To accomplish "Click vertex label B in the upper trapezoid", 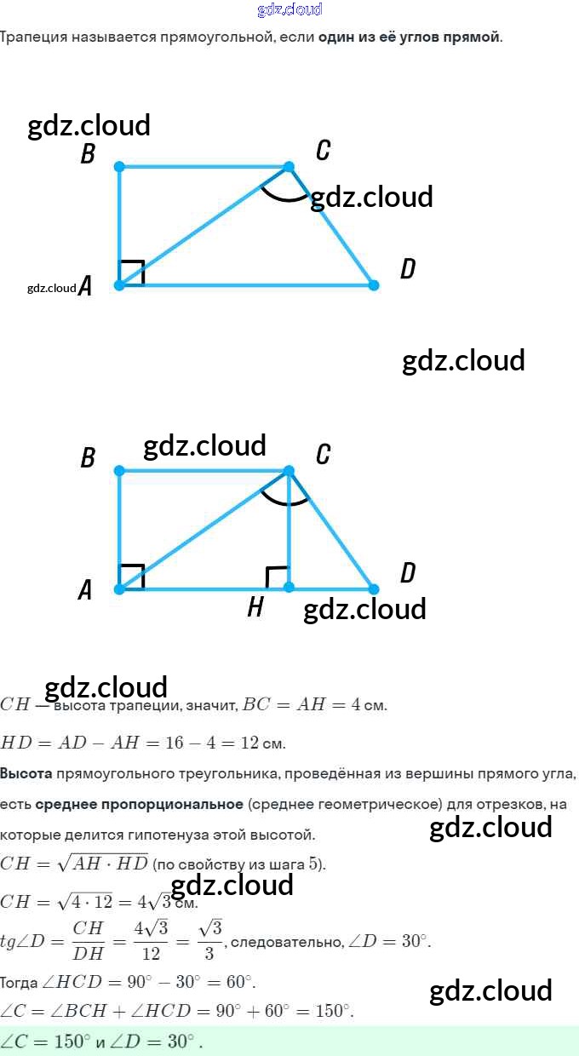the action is coord(87,155).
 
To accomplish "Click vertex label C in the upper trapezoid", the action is coord(323,151).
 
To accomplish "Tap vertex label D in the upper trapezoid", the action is coord(408,269).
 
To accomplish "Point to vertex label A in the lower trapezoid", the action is coord(85,589).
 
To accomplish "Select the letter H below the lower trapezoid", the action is coord(255,607).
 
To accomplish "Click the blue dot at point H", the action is coord(289,588).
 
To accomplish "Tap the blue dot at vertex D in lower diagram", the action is coord(373,588).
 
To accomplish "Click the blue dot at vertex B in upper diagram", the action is coord(119,166).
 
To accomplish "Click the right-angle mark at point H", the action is coord(277,577).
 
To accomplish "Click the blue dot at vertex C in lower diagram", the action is coord(289,471).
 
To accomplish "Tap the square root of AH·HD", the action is coord(102,863).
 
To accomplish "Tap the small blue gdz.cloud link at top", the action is coord(289,9).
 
